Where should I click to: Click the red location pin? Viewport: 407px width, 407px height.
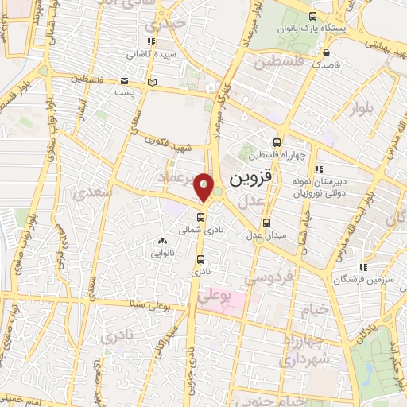(x=204, y=188)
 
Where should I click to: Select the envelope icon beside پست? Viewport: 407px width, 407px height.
(x=124, y=81)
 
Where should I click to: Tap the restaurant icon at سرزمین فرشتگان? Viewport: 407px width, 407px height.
(x=362, y=268)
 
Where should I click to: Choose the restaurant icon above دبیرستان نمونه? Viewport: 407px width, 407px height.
(x=320, y=169)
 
